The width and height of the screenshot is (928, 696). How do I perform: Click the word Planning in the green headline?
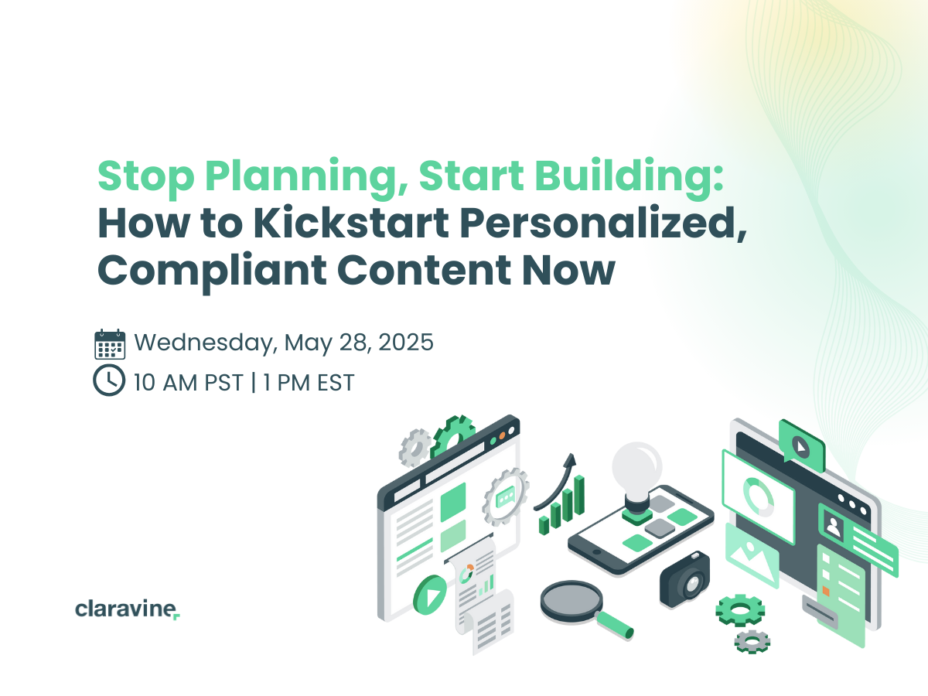pyautogui.click(x=307, y=176)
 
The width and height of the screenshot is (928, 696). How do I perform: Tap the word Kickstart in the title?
pyautogui.click(x=351, y=223)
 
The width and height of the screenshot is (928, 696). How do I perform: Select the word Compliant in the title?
pyautogui.click(x=212, y=271)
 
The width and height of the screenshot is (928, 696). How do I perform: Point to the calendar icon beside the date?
pyautogui.click(x=110, y=344)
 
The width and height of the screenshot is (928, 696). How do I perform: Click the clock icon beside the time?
pyautogui.click(x=109, y=380)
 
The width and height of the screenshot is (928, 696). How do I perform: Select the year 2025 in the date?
pyautogui.click(x=406, y=342)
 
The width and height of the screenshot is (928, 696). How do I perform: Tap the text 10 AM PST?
pyautogui.click(x=188, y=383)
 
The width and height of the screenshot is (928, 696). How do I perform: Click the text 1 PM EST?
pyautogui.click(x=309, y=383)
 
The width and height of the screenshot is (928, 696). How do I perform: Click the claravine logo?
pyautogui.click(x=128, y=609)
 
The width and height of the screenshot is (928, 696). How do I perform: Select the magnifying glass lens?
pyautogui.click(x=571, y=601)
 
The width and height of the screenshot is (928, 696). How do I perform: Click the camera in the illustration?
pyautogui.click(x=685, y=579)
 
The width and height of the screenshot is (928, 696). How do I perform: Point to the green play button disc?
pyautogui.click(x=429, y=595)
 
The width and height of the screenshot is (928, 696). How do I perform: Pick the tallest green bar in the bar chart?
pyautogui.click(x=579, y=495)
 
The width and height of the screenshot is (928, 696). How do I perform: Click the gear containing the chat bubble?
pyautogui.click(x=506, y=496)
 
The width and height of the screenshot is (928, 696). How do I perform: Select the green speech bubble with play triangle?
pyautogui.click(x=801, y=446)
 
